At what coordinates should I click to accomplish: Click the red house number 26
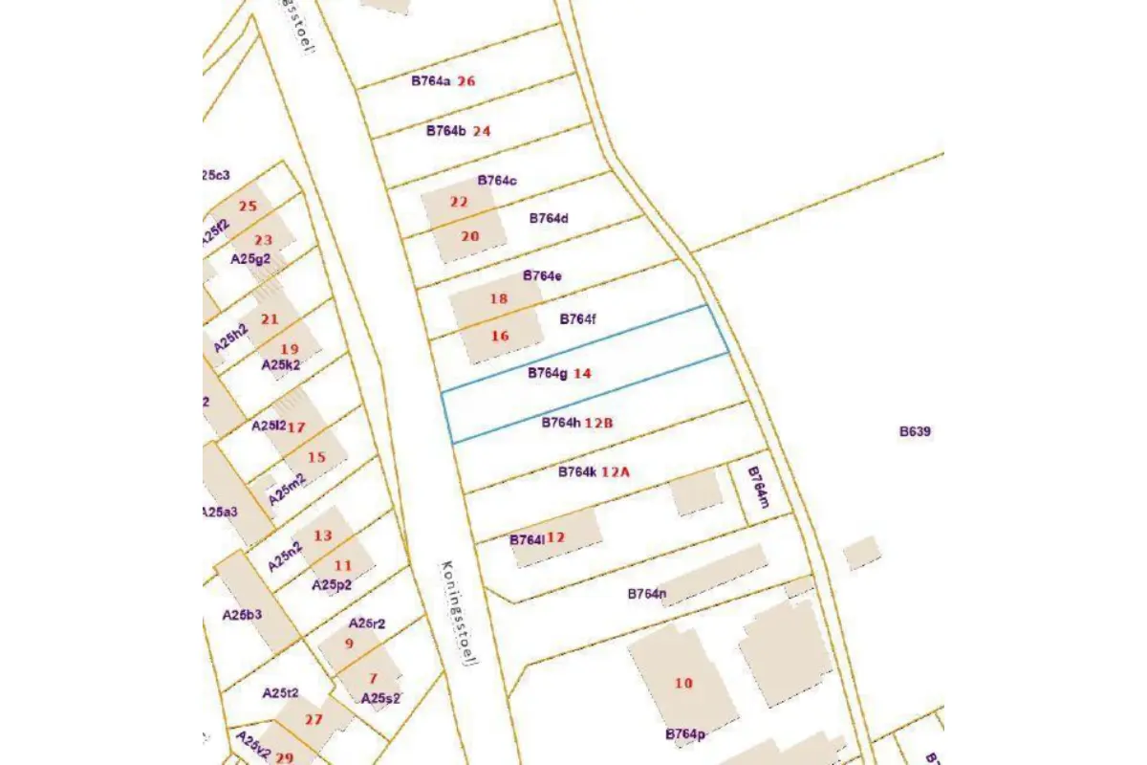(466, 81)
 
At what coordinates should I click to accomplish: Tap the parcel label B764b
(445, 131)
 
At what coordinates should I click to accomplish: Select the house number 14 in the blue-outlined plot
(582, 374)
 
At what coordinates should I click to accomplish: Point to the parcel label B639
(915, 431)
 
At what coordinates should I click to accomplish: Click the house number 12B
(598, 423)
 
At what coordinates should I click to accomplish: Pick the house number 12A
(617, 471)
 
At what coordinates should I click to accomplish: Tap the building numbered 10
(682, 683)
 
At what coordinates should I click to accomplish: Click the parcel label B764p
(685, 734)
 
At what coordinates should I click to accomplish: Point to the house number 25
(248, 207)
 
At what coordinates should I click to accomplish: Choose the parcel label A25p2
(332, 584)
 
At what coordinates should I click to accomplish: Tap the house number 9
(349, 644)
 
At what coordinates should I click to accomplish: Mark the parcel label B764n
(646, 594)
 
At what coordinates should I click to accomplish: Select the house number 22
(459, 202)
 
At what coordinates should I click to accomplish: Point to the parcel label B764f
(577, 318)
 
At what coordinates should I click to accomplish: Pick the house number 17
(296, 427)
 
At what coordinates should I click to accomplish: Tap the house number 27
(314, 719)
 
